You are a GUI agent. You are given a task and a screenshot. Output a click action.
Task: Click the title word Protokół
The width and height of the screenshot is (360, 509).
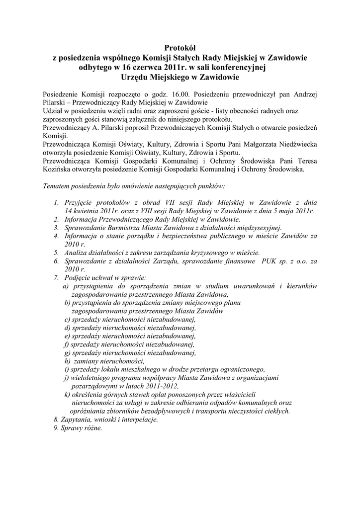(x=180, y=48)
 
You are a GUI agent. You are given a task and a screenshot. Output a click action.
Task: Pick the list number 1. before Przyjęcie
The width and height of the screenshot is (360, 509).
(x=56, y=202)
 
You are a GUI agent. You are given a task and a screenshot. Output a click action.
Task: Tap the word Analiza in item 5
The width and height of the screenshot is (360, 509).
(x=76, y=253)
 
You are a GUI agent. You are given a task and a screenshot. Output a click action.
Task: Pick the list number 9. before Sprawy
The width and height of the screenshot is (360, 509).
(x=56, y=428)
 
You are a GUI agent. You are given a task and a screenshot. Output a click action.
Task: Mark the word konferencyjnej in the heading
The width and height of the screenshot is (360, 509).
(x=234, y=67)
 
